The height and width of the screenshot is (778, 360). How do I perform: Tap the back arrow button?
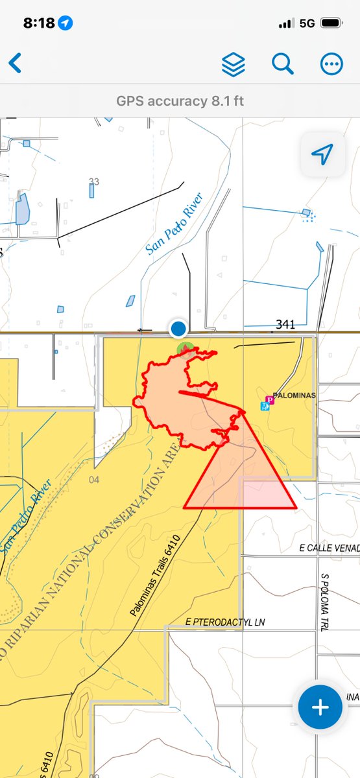pos(15,64)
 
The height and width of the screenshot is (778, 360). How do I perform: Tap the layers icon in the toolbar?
pos(234,64)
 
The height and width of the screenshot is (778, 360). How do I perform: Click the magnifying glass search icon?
pos(283,64)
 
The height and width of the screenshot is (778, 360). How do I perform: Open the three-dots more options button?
pos(331,64)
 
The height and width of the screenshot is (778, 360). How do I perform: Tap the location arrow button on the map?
pos(322,154)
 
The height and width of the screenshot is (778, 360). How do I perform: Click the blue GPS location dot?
pos(178,329)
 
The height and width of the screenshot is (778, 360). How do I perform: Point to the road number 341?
pos(285,324)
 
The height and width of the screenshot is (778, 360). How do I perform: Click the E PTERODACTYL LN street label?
pos(225,622)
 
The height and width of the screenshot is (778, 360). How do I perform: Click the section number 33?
pos(94,181)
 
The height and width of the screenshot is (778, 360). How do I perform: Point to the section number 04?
pos(94,480)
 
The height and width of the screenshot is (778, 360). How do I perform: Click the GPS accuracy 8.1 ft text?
pos(180,101)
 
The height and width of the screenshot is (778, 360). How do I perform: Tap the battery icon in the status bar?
pos(331,23)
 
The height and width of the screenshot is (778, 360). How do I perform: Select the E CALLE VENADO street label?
pos(329,548)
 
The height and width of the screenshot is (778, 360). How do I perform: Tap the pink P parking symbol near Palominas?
pos(270,399)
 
